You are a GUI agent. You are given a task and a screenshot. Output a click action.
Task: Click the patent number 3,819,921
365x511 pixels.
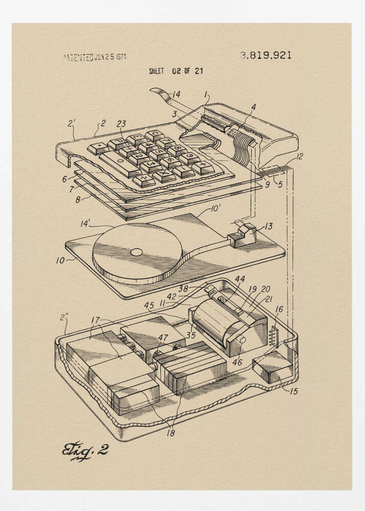(x=265, y=55)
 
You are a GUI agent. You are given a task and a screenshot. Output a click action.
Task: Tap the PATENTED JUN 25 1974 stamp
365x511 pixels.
(x=95, y=57)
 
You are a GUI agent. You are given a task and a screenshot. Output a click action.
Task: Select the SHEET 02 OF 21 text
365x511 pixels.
(x=175, y=71)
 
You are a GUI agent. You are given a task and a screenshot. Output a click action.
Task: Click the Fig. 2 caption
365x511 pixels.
(x=85, y=450)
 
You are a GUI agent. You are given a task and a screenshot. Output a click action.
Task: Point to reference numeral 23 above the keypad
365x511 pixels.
(x=121, y=123)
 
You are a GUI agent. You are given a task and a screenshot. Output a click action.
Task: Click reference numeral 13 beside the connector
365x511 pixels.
(x=268, y=226)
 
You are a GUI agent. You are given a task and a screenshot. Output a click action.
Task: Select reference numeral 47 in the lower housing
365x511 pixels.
(x=163, y=338)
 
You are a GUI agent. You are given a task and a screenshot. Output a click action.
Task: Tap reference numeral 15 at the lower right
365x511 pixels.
(x=293, y=391)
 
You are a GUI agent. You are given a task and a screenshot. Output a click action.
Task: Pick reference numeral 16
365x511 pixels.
(x=279, y=309)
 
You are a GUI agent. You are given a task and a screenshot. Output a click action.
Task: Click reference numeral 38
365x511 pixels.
(x=183, y=289)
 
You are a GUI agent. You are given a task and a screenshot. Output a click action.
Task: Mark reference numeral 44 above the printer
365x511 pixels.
(x=240, y=279)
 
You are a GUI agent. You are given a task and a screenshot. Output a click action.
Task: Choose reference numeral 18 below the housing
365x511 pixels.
(x=170, y=433)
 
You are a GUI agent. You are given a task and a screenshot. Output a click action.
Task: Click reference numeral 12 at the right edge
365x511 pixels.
(x=299, y=156)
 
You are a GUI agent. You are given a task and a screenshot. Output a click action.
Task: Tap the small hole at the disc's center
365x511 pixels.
(x=136, y=252)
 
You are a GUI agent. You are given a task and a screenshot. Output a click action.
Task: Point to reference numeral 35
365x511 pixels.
(x=191, y=336)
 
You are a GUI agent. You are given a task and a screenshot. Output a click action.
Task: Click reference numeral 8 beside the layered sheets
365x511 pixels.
(x=78, y=200)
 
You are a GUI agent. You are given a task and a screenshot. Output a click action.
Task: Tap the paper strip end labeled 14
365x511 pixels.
(x=158, y=94)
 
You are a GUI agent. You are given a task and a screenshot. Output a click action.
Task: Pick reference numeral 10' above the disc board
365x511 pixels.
(x=216, y=208)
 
